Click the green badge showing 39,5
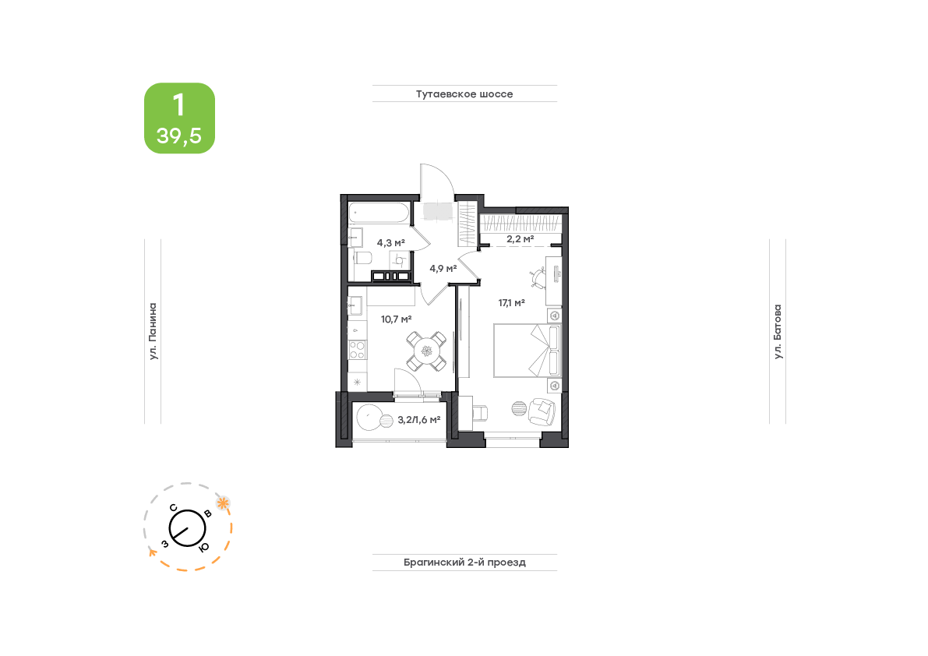[x=179, y=118]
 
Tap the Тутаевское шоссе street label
[x=464, y=94]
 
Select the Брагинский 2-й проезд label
[x=464, y=563]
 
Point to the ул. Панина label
[x=153, y=331]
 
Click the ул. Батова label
[x=778, y=331]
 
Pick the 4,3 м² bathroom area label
[x=390, y=243]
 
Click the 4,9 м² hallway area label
[x=443, y=269]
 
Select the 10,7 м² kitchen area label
[x=396, y=319]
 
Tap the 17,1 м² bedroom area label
[x=511, y=303]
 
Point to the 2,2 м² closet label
[x=520, y=239]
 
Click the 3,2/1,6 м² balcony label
[x=419, y=420]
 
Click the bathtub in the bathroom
[x=379, y=213]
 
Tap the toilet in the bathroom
[x=362, y=258]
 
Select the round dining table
[x=427, y=351]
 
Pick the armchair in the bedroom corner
[x=542, y=411]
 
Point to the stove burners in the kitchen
[x=357, y=350]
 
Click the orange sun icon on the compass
[x=223, y=503]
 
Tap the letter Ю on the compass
[x=203, y=548]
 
